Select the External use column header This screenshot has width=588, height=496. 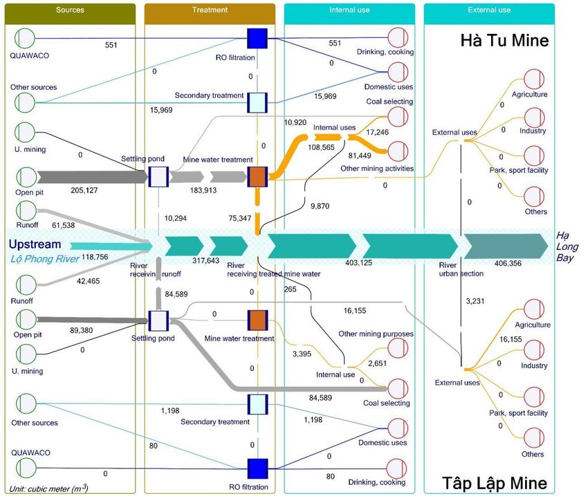488,10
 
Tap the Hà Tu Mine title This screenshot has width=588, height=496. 504,41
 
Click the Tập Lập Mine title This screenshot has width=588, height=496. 495,483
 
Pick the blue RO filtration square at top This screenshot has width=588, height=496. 257,38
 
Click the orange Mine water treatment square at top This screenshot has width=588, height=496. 257,177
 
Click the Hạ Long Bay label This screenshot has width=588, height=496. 567,247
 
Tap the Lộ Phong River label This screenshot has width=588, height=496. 41,258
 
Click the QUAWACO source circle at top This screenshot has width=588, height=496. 26,38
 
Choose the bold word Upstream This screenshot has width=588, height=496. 35,245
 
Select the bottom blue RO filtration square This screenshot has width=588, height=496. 257,468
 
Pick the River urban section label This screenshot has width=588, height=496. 462,269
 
